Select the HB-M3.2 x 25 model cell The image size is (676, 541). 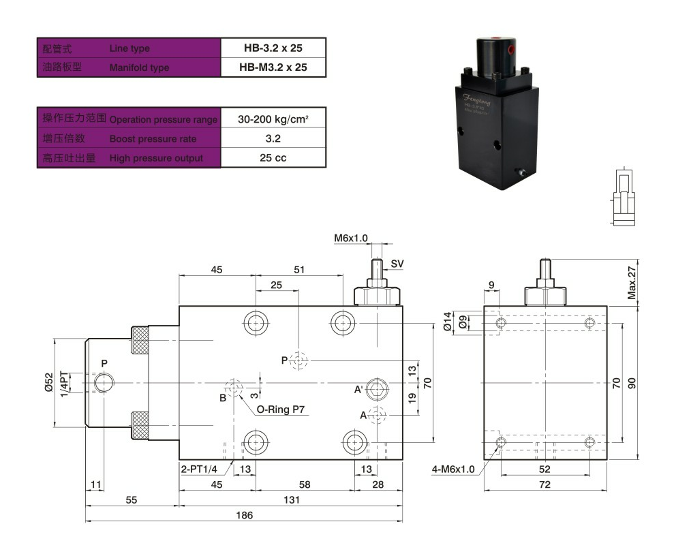click(273, 67)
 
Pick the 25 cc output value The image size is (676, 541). click(273, 158)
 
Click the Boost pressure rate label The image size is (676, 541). click(153, 139)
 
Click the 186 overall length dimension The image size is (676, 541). click(243, 515)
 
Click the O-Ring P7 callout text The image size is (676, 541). click(279, 410)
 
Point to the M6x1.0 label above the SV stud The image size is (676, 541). click(350, 238)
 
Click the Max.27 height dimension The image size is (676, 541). click(632, 283)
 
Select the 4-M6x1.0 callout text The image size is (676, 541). click(453, 469)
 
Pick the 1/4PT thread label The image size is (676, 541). click(64, 384)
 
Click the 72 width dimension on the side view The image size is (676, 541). click(544, 484)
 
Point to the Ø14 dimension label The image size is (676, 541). click(448, 321)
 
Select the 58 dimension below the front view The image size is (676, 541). click(305, 484)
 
